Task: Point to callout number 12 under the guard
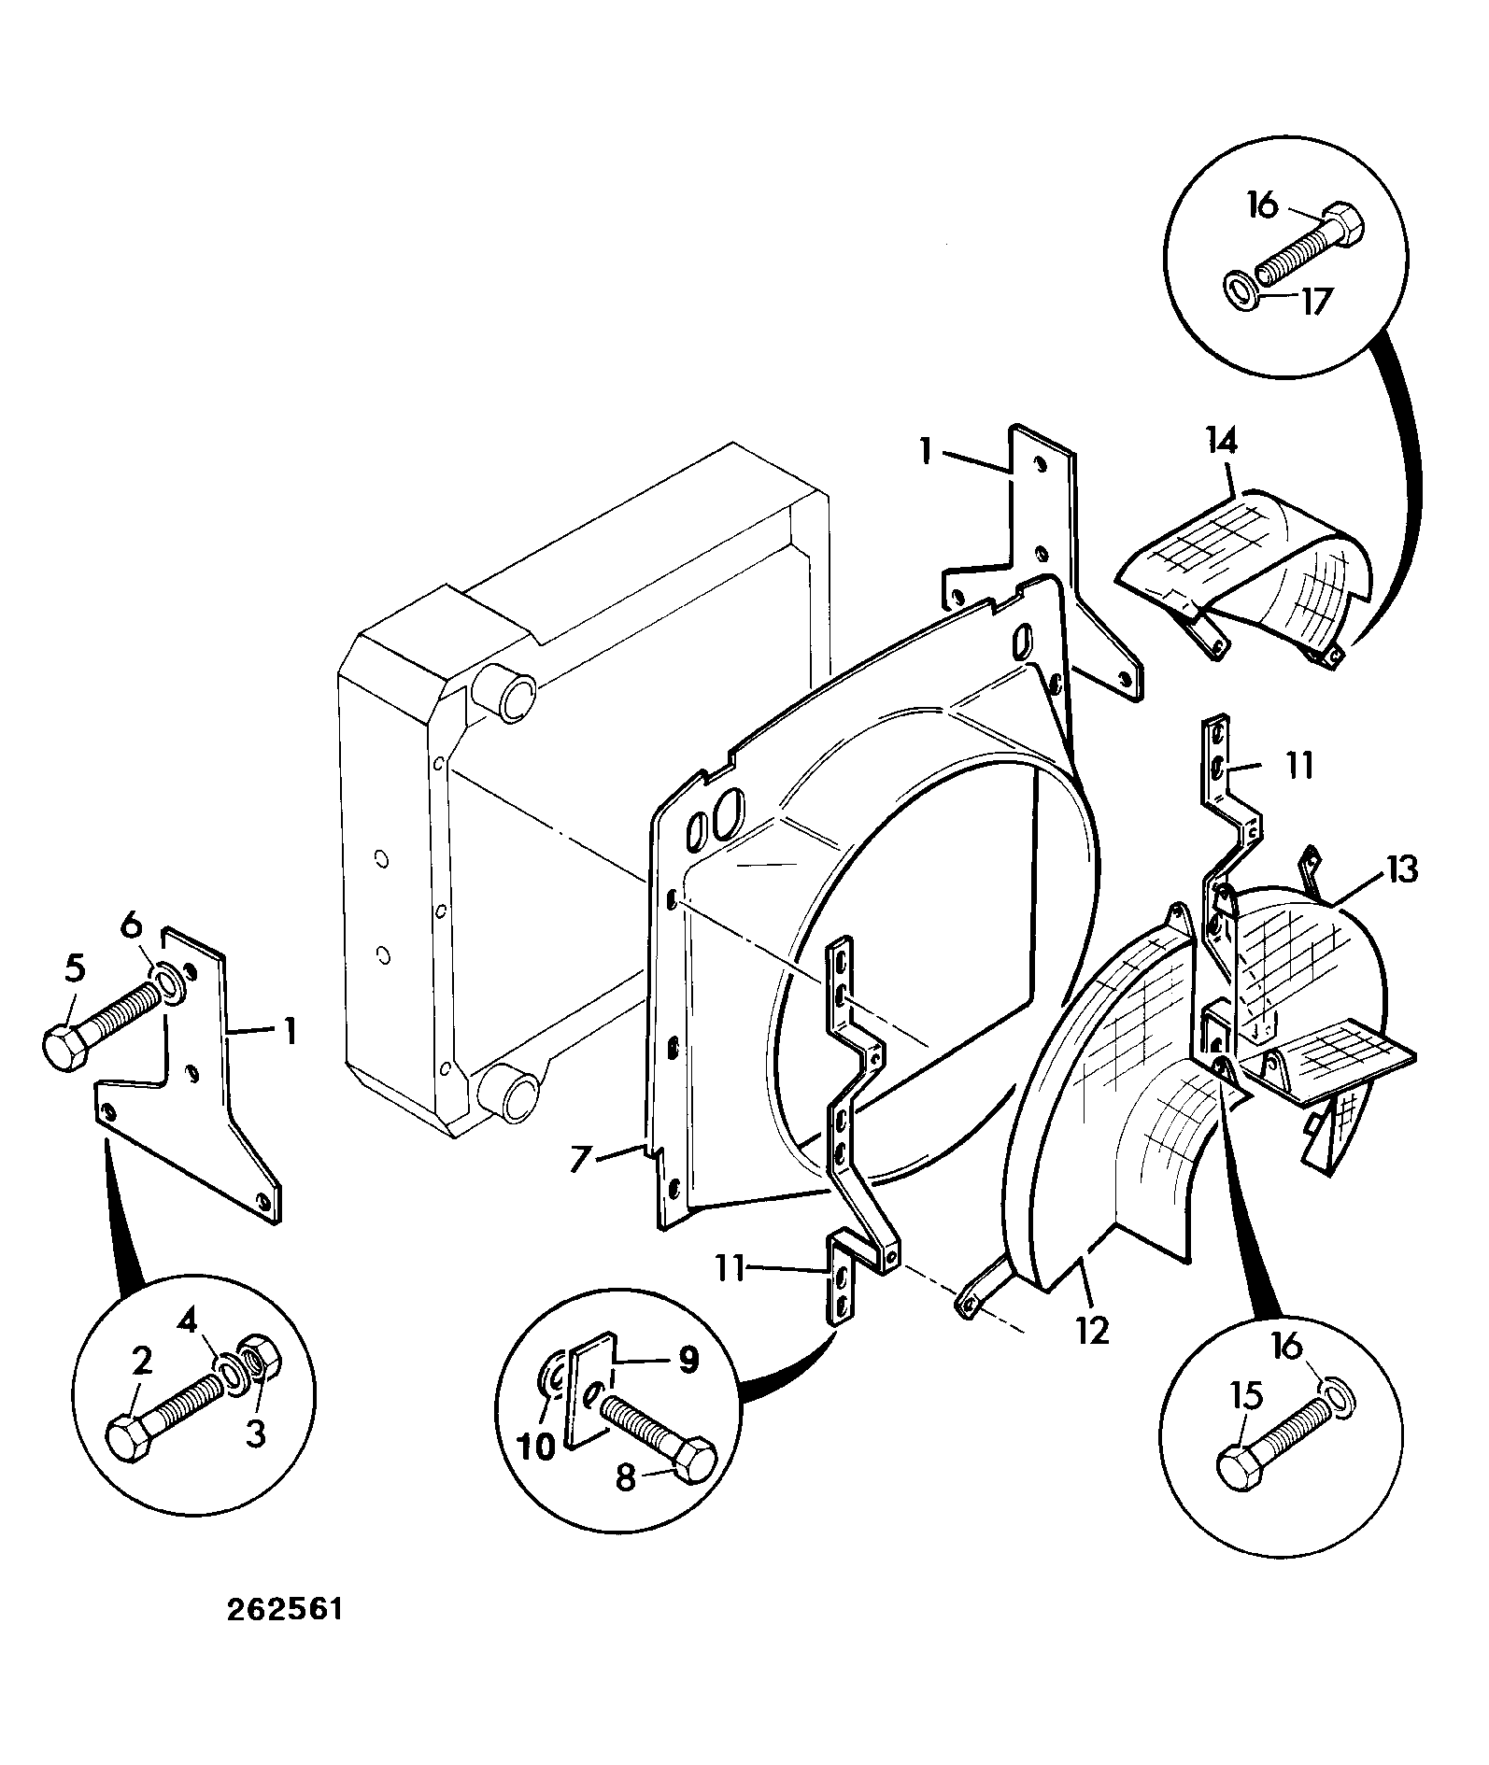1092,1329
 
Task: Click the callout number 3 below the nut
255,1433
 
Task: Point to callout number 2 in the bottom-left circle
142,1363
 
